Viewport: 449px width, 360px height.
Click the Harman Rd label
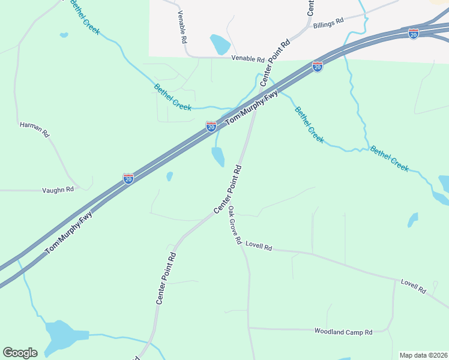[34, 129]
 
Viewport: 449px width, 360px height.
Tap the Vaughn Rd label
[58, 189]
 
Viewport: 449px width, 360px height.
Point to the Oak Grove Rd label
[235, 226]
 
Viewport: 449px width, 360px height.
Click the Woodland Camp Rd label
[343, 331]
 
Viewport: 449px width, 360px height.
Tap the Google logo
[20, 353]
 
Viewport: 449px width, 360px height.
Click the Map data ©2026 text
[423, 355]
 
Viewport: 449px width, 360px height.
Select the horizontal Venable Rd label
[248, 59]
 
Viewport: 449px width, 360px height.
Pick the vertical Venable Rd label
[181, 28]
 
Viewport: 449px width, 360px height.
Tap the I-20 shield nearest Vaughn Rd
[128, 179]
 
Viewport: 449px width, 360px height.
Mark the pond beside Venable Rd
[220, 44]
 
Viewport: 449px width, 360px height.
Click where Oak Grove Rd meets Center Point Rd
[224, 207]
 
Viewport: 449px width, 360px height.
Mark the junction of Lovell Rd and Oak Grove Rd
[243, 248]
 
